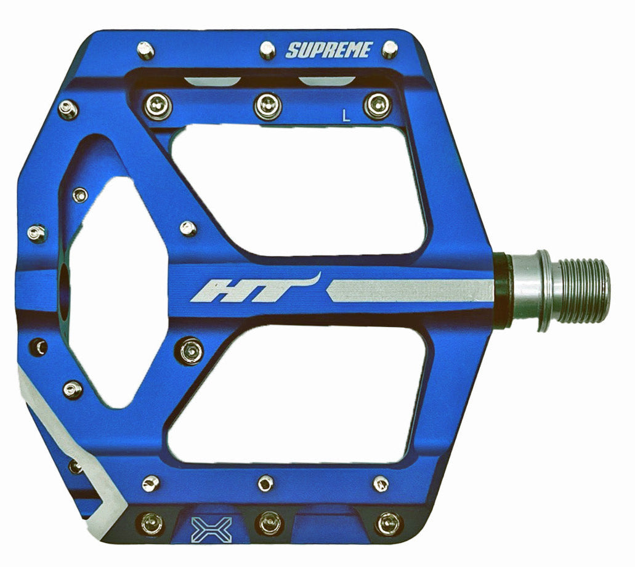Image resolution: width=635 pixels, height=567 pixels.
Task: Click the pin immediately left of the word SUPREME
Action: pyautogui.click(x=267, y=49)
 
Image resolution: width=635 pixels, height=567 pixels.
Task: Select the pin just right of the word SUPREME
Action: pyautogui.click(x=390, y=49)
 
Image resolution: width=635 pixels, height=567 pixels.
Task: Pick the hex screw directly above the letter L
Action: pyautogui.click(x=376, y=105)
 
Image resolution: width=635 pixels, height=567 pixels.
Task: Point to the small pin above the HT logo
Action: pyautogui.click(x=188, y=228)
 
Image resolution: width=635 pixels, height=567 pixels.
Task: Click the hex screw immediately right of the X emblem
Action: pyautogui.click(x=268, y=524)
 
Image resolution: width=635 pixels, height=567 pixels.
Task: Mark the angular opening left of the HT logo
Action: pyautogui.click(x=108, y=289)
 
